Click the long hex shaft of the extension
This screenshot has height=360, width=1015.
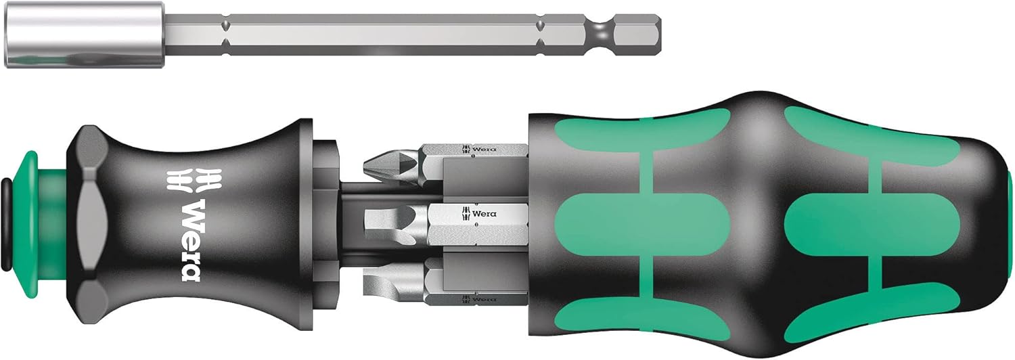379,32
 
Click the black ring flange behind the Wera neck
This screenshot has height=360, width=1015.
325,217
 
